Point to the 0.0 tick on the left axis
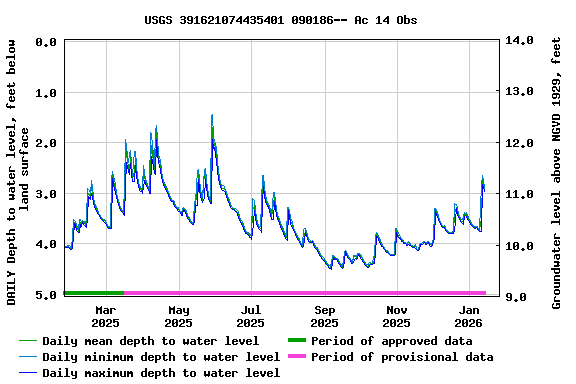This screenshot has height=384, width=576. [45, 42]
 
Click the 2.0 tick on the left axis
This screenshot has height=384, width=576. [45, 143]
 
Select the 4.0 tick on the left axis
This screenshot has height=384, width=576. [45, 244]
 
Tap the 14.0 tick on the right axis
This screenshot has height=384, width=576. [521, 42]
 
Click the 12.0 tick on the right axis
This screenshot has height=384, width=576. [521, 143]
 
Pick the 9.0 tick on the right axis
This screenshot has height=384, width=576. [521, 296]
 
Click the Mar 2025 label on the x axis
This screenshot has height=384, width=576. [105, 316]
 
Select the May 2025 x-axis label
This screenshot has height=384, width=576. [178, 316]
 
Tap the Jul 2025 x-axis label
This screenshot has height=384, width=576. [251, 316]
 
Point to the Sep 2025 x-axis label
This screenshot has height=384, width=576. [324, 316]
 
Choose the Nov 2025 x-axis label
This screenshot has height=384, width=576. [397, 316]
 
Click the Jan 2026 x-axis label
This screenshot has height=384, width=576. [470, 316]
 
